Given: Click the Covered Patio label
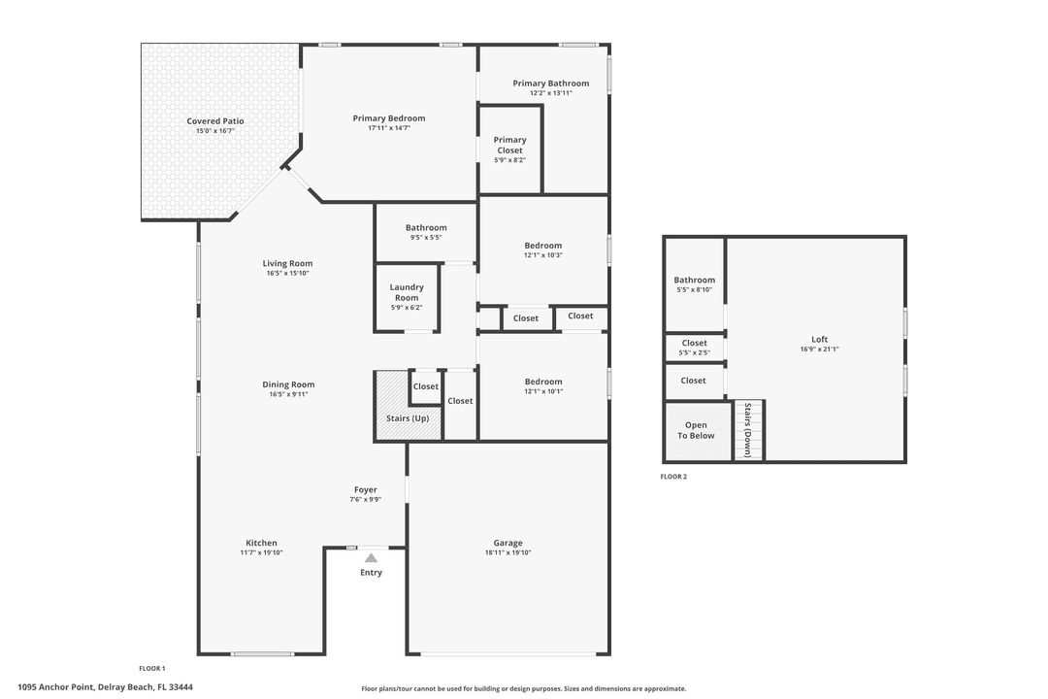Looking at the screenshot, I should pos(215,121).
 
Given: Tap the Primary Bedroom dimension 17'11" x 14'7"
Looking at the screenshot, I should pos(388,128).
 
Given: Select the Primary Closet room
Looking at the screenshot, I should pos(509,150).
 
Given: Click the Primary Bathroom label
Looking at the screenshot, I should pos(550,83).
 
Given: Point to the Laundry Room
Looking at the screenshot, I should pos(407,296).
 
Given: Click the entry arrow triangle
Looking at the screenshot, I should pos(371,557).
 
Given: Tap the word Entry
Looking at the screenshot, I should pos(371,573).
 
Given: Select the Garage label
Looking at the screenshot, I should pos(508,543).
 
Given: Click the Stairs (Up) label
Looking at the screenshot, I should pos(407,418).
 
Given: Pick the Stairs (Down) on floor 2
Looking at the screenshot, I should pos(747,431).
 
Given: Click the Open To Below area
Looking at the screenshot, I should pos(696,430).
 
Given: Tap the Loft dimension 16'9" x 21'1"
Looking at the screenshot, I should pos(819,349).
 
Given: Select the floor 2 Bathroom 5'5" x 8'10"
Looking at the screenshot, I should pos(694,284).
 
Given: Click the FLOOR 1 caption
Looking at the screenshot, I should pos(152,668).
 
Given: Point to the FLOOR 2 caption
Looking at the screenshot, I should pos(673,477).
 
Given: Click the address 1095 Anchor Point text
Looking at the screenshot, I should pos(105,687).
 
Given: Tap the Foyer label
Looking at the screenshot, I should pos(365,490).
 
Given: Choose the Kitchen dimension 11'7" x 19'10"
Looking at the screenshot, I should pos(261,552).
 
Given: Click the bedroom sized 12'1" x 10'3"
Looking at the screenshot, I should pos(543,250).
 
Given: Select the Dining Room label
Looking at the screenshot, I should pos(288,384).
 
